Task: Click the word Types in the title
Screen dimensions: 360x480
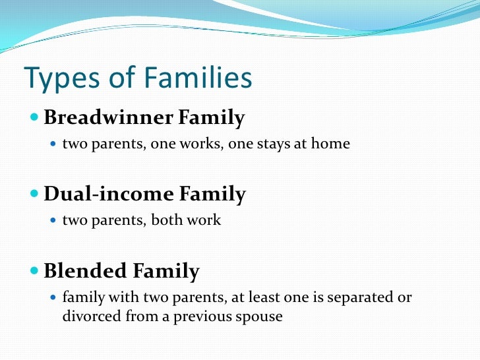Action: pyautogui.click(x=59, y=78)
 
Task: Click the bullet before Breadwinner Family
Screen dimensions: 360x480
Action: pyautogui.click(x=35, y=119)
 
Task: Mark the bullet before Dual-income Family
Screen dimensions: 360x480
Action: pyautogui.click(x=35, y=195)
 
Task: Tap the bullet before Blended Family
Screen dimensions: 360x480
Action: pyautogui.click(x=35, y=271)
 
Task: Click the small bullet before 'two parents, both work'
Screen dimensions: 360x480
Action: pyautogui.click(x=55, y=220)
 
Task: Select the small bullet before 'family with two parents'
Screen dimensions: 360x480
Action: pyautogui.click(x=55, y=297)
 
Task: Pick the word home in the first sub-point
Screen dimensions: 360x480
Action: pyautogui.click(x=332, y=143)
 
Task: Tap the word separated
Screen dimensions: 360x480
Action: pyautogui.click(x=356, y=297)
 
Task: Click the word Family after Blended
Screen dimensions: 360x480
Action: pyautogui.click(x=165, y=271)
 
